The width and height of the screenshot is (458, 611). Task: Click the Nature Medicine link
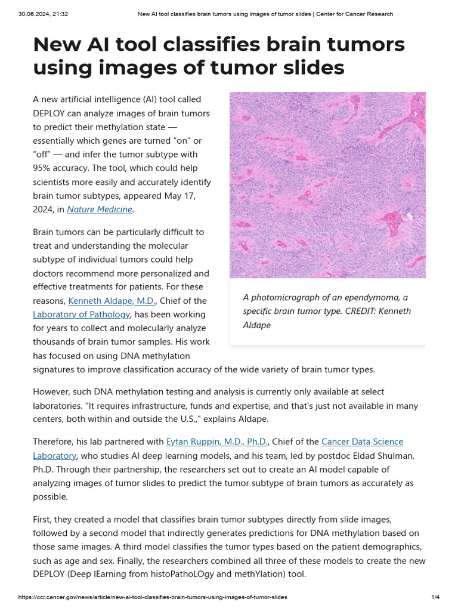(x=100, y=209)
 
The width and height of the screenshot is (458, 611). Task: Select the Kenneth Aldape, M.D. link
(x=112, y=301)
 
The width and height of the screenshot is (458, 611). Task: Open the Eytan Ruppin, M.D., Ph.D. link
(x=217, y=442)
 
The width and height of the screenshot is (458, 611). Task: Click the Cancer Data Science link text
(x=362, y=442)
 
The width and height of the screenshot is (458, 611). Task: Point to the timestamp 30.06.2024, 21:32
(x=43, y=14)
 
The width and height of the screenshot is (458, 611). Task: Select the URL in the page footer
(x=152, y=597)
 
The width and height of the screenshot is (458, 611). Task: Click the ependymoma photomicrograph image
(x=327, y=184)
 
